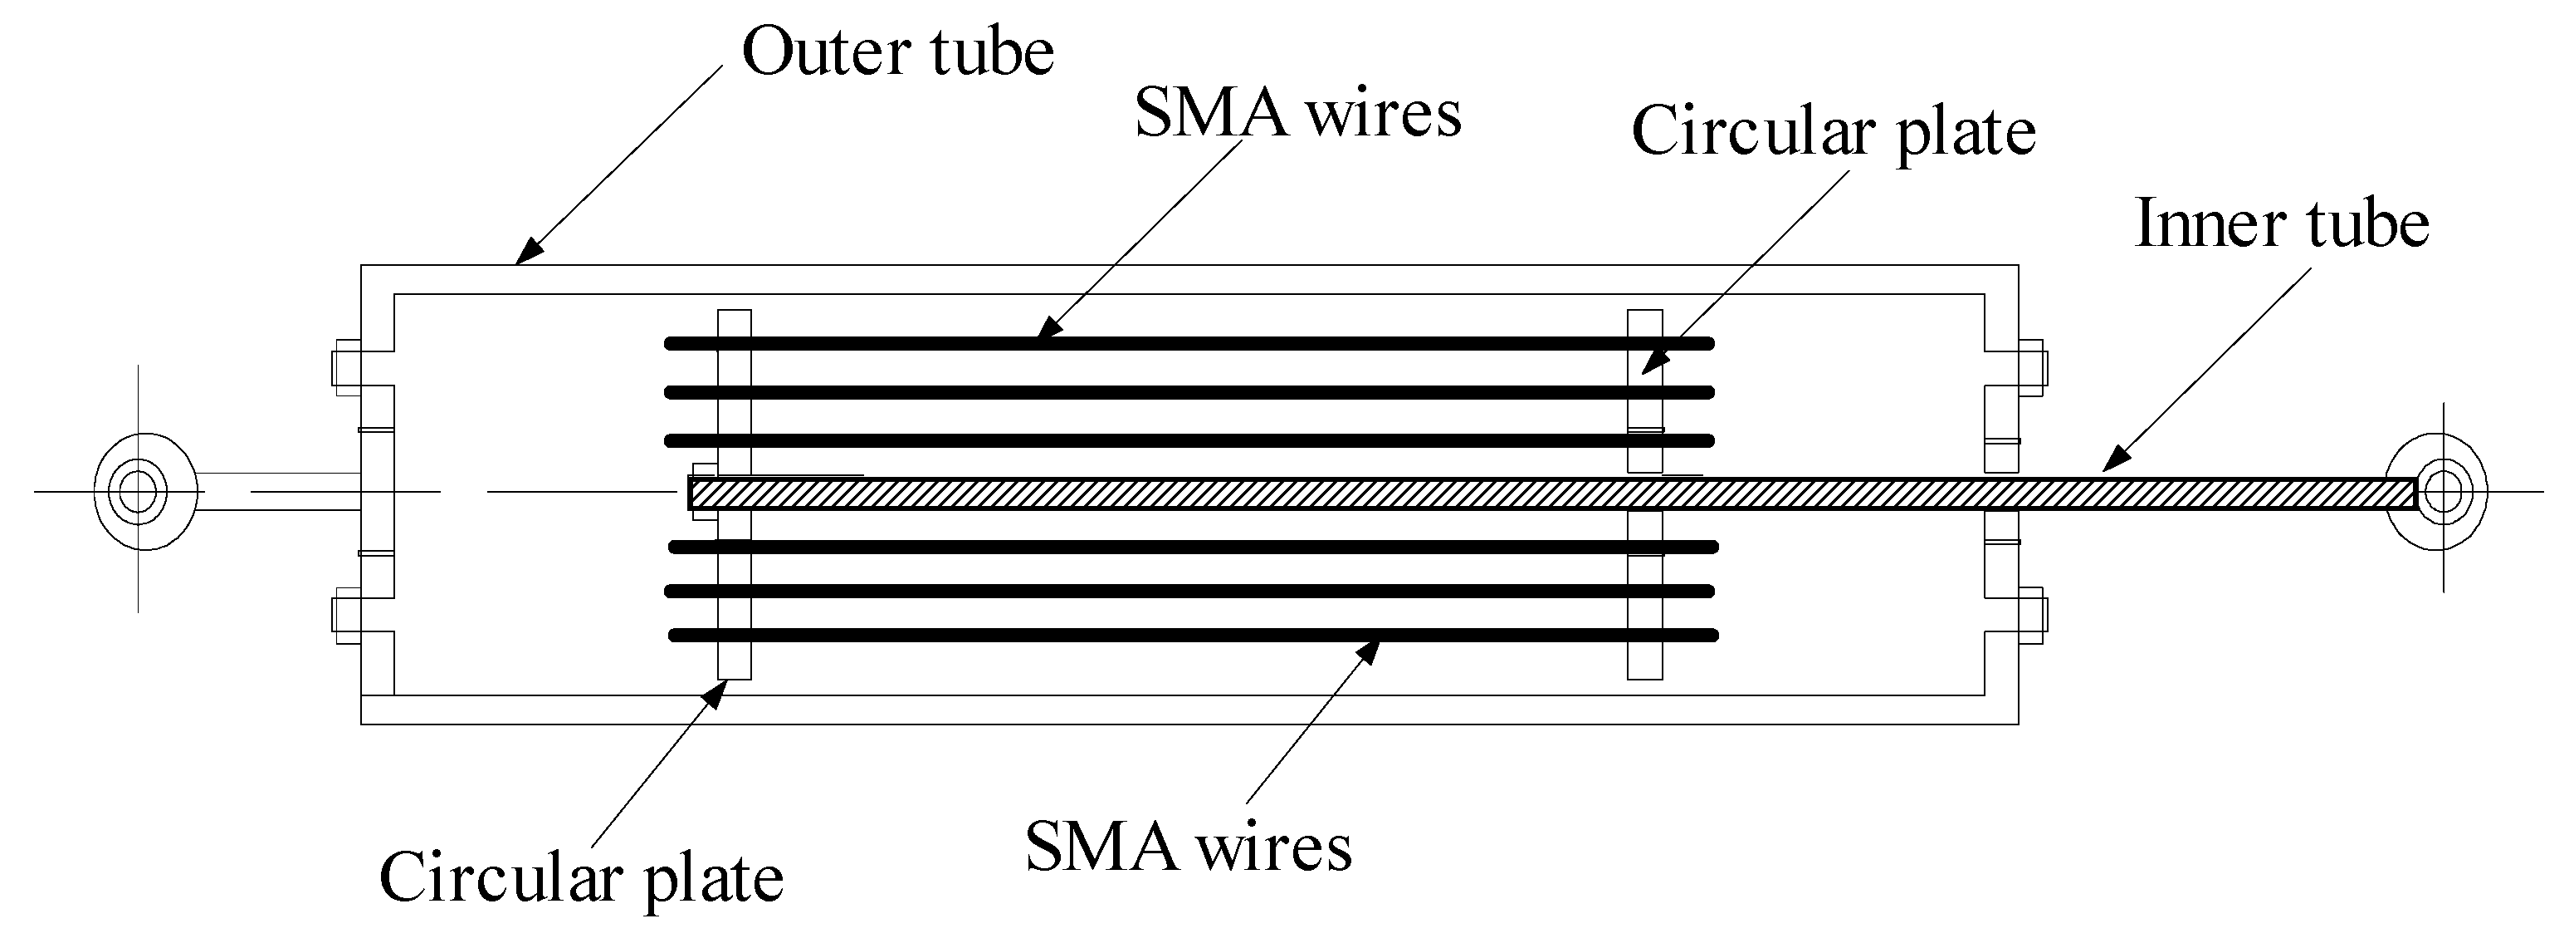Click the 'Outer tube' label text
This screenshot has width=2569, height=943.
897,52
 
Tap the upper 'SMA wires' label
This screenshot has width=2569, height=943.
1297,113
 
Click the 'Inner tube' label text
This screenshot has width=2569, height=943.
2282,223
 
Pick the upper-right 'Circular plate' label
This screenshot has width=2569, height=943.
1833,132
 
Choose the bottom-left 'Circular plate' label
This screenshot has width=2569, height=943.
581,878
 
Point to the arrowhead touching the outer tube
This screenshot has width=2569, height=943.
530,253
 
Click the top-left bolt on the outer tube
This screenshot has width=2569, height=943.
345,363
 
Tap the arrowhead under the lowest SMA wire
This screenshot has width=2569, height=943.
1367,651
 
